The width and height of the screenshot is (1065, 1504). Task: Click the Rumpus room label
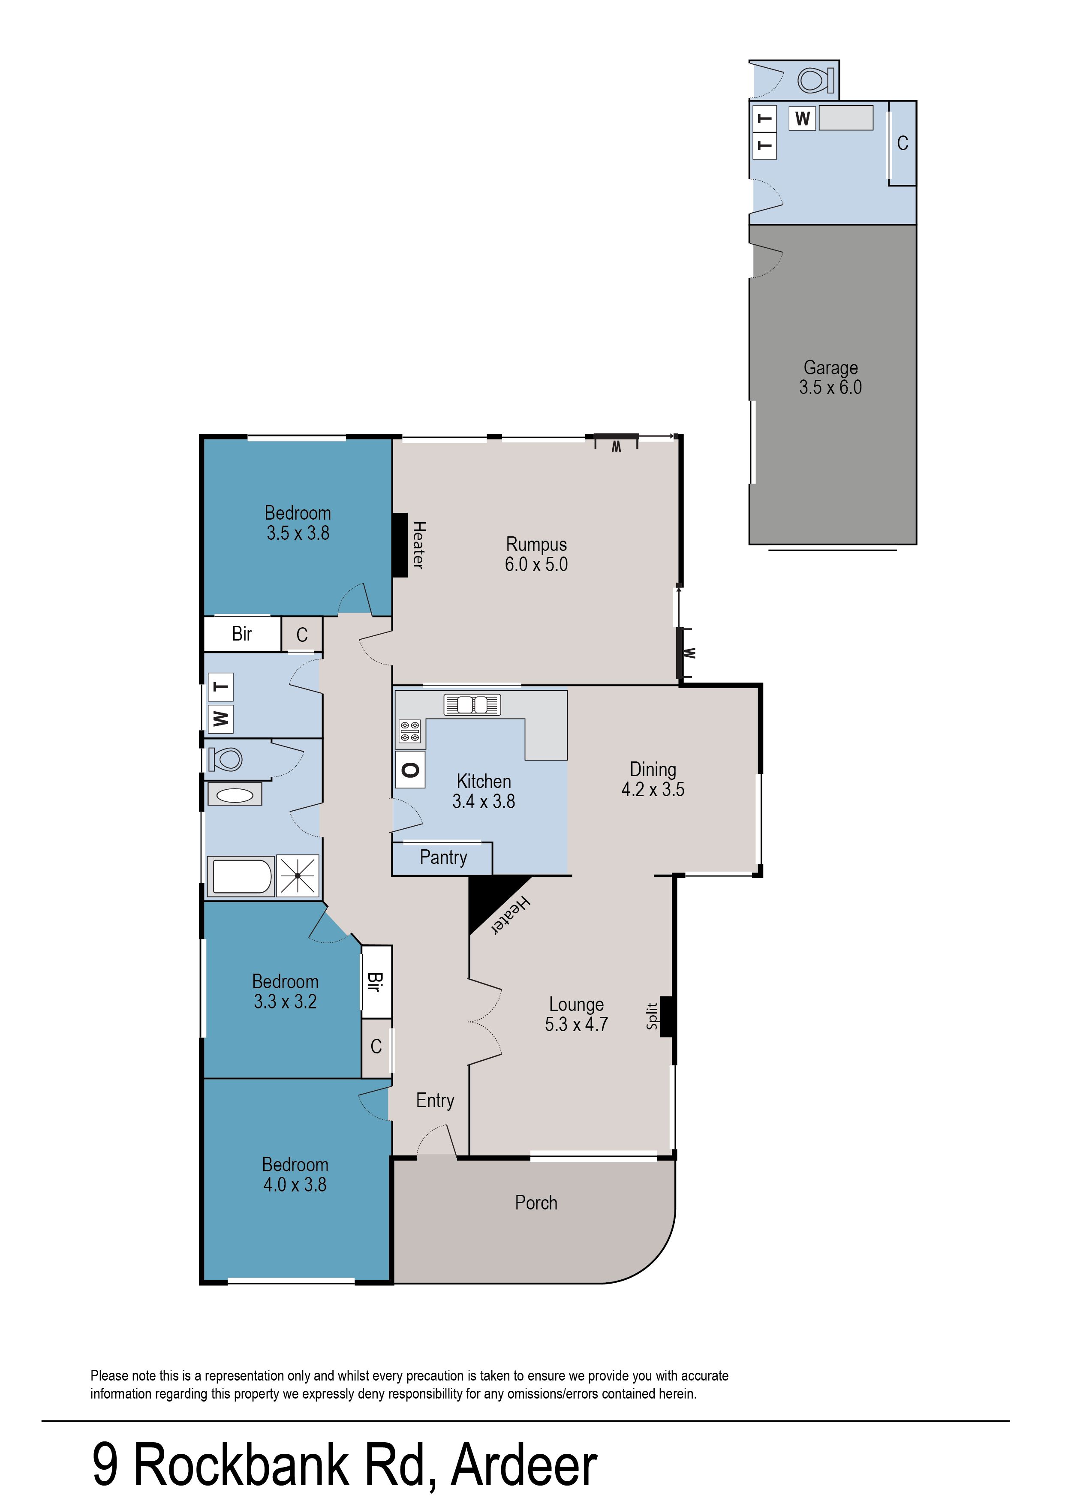(x=536, y=544)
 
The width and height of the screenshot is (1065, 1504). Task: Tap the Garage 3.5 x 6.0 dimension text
(x=830, y=388)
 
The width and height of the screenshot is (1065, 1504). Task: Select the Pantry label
(x=443, y=857)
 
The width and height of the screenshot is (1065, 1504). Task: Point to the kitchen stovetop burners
(x=410, y=732)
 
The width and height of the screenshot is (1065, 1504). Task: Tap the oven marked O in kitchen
(x=410, y=770)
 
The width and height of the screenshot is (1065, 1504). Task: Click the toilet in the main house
(x=225, y=760)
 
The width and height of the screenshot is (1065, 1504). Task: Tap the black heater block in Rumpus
(x=400, y=545)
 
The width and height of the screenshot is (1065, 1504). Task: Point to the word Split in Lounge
(x=652, y=1016)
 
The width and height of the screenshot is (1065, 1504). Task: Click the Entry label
(x=435, y=1101)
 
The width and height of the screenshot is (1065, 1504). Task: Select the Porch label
(x=536, y=1203)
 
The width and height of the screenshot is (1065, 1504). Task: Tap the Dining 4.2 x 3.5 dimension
(x=653, y=789)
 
